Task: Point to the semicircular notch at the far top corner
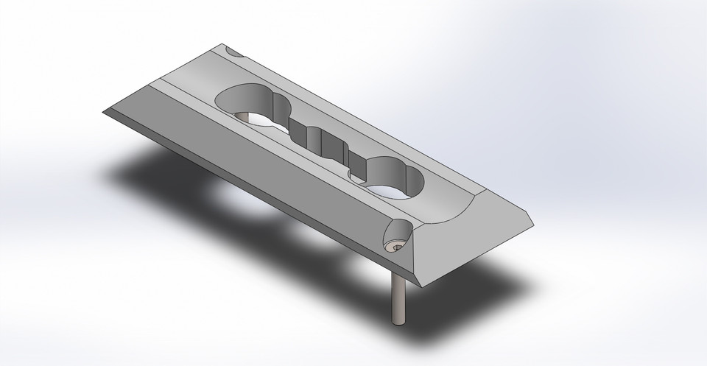234,52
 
